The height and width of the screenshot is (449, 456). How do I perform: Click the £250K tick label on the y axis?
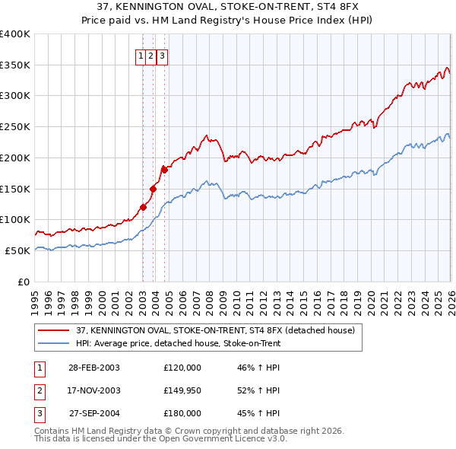tap(15, 127)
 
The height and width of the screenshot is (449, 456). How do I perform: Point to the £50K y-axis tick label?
tap(17, 250)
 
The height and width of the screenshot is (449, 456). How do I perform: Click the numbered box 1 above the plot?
tap(142, 56)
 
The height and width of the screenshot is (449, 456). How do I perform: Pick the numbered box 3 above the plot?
tap(163, 56)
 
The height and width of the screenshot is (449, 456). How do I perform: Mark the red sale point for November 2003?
tap(153, 189)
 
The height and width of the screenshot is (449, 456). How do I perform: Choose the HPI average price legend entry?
tap(179, 343)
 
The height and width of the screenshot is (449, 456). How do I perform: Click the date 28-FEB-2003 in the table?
tap(93, 368)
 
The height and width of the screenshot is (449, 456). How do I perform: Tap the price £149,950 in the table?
tap(182, 390)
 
